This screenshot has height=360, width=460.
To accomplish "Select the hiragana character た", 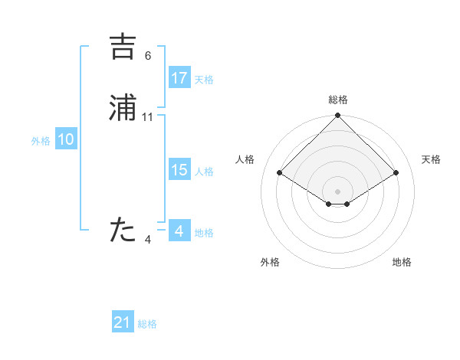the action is [x=123, y=231].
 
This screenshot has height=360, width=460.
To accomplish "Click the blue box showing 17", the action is [x=179, y=78].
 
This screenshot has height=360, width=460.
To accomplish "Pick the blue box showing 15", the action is [x=179, y=170].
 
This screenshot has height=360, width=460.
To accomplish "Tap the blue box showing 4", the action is [x=179, y=231].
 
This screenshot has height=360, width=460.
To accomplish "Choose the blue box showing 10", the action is [x=66, y=139].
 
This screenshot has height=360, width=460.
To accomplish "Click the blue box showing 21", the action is [x=123, y=322].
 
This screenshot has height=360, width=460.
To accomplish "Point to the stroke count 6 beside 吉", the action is [x=148, y=55].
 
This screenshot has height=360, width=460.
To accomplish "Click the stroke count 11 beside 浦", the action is [x=148, y=116].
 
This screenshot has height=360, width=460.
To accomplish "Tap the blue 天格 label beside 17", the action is [x=204, y=80].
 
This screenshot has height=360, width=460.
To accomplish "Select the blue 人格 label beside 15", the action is [x=204, y=172].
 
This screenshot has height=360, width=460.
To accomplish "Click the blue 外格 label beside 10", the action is [x=41, y=141].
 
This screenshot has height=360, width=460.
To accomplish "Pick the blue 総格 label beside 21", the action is [x=147, y=324].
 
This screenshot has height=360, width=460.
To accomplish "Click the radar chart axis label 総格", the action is [x=338, y=100].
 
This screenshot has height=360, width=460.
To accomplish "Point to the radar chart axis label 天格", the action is [x=432, y=159].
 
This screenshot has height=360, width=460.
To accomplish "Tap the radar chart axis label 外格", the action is [x=270, y=262].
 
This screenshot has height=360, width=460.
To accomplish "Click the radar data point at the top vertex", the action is [x=338, y=116].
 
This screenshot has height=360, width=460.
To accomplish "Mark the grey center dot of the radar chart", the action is [x=338, y=191].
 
